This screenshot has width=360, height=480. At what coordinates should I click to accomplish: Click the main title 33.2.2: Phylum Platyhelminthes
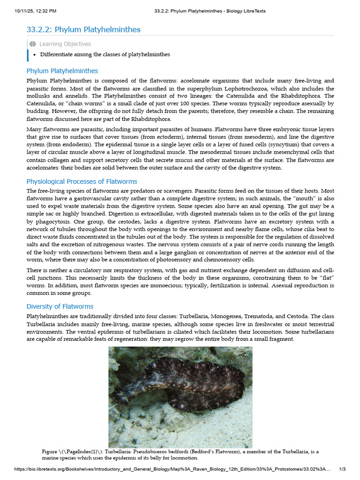[83, 30]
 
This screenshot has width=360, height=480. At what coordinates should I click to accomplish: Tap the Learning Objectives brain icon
[32, 44]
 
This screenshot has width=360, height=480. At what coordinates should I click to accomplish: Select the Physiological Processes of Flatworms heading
[82, 181]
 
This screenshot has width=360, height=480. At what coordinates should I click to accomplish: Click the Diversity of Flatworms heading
[60, 307]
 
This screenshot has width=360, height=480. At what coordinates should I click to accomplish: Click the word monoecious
[167, 285]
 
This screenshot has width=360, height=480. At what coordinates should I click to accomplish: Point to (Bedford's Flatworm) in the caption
[216, 452]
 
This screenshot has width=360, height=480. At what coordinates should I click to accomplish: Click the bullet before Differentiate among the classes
[35, 54]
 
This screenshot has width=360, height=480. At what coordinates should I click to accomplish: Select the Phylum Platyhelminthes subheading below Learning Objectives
[62, 71]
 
